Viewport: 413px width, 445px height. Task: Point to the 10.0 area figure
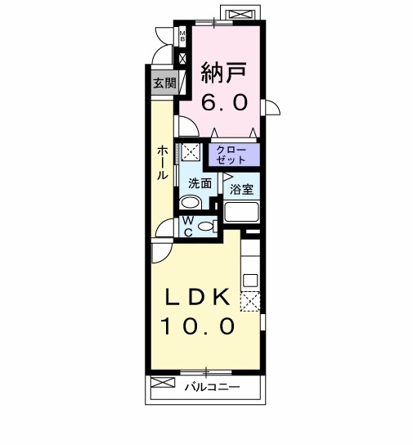click(x=197, y=326)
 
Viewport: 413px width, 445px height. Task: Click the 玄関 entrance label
click(x=163, y=83)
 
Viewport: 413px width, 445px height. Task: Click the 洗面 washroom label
click(x=200, y=183)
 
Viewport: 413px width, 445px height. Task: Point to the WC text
click(x=187, y=227)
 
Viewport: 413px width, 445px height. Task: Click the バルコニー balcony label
click(x=211, y=385)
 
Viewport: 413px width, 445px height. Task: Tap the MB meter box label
click(x=183, y=36)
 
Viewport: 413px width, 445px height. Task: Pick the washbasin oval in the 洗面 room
click(x=191, y=203)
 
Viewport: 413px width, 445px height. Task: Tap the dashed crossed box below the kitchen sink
click(x=249, y=303)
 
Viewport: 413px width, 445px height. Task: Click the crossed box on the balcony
click(x=163, y=383)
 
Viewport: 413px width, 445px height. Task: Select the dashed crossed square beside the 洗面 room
click(x=191, y=151)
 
